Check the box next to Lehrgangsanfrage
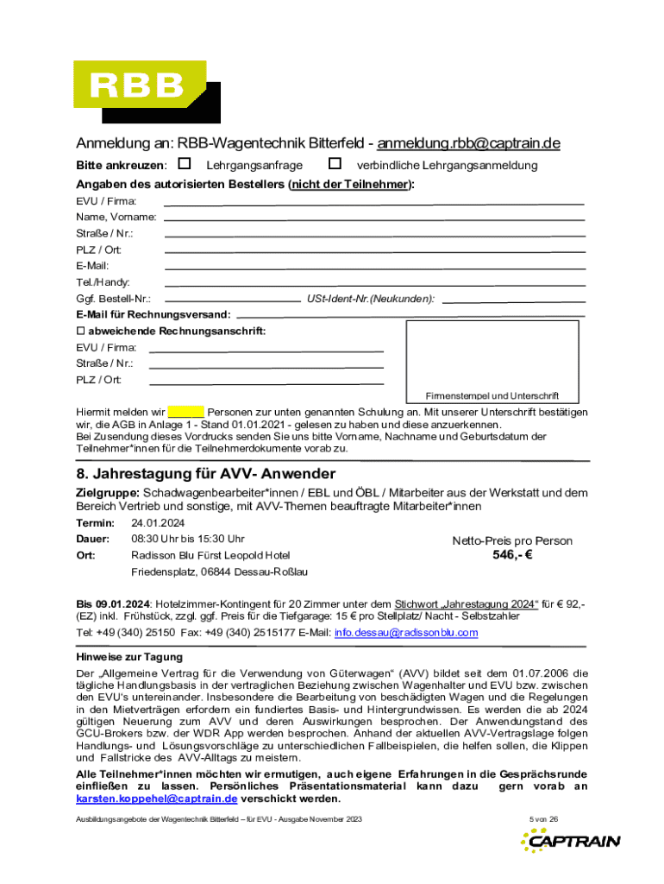coord(184,163)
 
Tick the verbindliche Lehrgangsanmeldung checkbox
coord(335,163)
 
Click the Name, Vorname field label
coord(103,217)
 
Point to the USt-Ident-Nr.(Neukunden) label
coord(371,299)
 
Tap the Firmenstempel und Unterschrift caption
coord(492,395)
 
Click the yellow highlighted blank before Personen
coord(185,412)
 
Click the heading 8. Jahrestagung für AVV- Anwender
coord(206,475)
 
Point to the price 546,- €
coord(512,555)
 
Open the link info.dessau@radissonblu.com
coord(405,633)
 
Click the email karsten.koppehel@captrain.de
coord(145,799)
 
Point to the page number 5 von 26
coord(544,818)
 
